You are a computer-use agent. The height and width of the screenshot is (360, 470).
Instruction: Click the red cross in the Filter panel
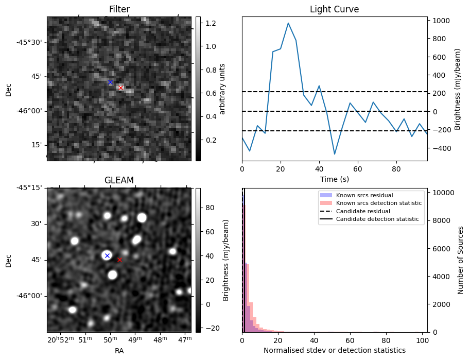(x=120, y=88)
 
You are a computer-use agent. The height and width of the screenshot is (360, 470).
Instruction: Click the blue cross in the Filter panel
(x=110, y=82)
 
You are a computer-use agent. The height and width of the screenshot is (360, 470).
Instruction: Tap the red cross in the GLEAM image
(x=119, y=260)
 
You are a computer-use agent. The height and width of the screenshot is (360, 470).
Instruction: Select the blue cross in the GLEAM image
(x=107, y=255)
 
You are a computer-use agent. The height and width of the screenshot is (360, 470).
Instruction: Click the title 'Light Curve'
(x=334, y=9)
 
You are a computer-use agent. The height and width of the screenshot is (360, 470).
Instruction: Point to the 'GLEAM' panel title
(x=119, y=180)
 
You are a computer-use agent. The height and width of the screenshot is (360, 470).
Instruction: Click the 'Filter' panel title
(x=119, y=9)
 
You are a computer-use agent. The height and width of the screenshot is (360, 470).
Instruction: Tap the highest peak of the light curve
(x=288, y=23)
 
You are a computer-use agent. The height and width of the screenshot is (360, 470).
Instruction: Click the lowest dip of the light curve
(x=335, y=154)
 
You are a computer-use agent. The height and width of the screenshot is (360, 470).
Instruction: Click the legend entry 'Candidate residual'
(x=360, y=212)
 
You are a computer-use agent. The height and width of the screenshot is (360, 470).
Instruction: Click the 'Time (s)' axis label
(x=334, y=179)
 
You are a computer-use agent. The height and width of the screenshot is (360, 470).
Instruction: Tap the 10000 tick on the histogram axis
(x=442, y=193)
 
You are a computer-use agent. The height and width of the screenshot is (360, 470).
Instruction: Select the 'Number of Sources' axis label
(x=461, y=260)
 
